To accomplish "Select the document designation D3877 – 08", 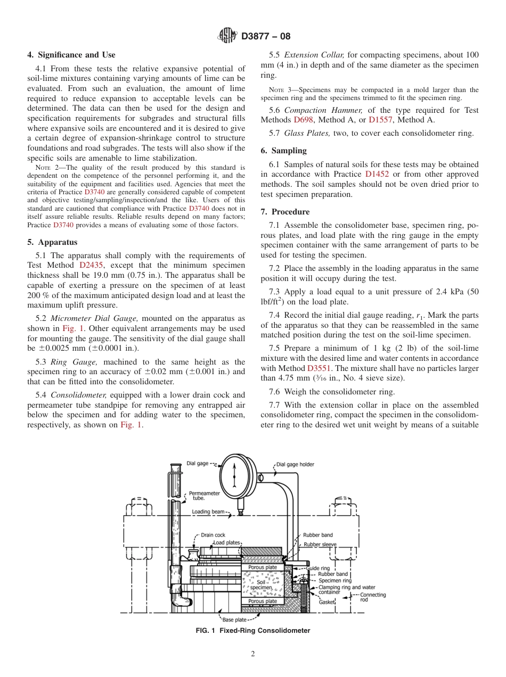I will point(266,37).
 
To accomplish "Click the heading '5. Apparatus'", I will point(52,242).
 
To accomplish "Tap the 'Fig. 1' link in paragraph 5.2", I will point(73,328).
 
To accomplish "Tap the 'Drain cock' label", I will point(213,535).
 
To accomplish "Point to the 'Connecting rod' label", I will point(372,597).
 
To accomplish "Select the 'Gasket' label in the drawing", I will point(327,602).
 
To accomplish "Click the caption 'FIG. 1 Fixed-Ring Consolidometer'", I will point(252,631).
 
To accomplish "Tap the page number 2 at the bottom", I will point(253,654).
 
